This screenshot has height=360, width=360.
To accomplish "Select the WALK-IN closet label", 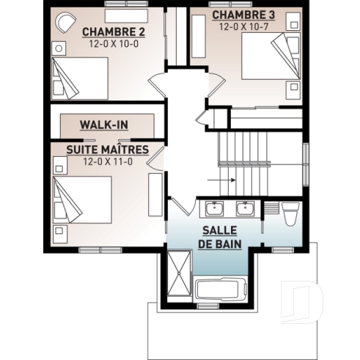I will coord(104,124).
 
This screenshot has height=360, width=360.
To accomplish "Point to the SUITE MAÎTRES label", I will coord(107,150).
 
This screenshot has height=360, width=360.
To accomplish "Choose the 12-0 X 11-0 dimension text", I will coord(107,161).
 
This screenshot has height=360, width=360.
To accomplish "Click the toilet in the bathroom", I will coord(289,213).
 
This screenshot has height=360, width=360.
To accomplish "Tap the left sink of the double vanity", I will coord(214,210).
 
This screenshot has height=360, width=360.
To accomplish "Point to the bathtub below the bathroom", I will coord(221,288).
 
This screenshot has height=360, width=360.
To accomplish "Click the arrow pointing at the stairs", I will coord(221,179).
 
